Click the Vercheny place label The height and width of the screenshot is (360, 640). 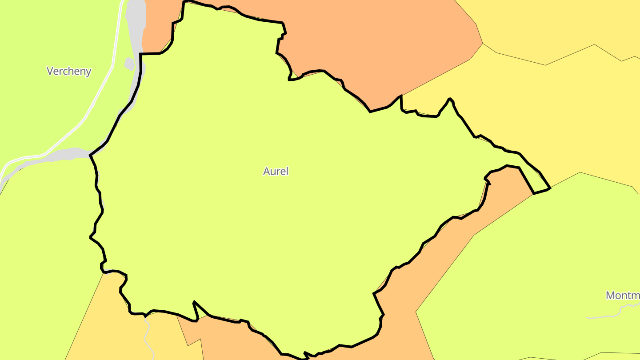point(69,71)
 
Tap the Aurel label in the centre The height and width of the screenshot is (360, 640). point(276,171)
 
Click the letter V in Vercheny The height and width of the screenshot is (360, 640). point(50,71)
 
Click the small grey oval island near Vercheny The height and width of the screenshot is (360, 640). point(129,64)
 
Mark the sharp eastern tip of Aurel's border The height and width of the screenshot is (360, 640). point(550,188)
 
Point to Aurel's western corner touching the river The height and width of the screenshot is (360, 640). point(90,155)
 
